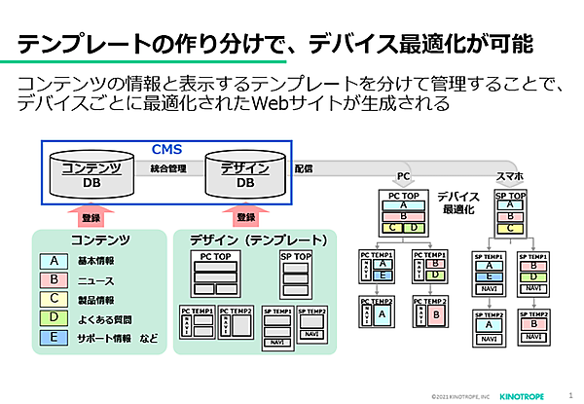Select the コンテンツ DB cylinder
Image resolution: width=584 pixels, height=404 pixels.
pyautogui.click(x=91, y=174)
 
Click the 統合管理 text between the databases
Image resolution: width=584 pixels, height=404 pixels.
pyautogui.click(x=168, y=168)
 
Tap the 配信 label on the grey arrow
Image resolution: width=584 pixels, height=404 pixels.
pyautogui.click(x=304, y=168)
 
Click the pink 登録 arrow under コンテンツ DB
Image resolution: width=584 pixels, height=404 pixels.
pyautogui.click(x=91, y=215)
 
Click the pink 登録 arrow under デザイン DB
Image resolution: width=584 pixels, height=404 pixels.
pyautogui.click(x=245, y=215)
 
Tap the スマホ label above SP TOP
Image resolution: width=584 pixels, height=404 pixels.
pyautogui.click(x=510, y=177)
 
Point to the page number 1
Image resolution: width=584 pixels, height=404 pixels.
pyautogui.click(x=569, y=395)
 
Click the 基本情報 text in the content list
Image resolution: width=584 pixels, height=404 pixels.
pyautogui.click(x=94, y=261)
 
